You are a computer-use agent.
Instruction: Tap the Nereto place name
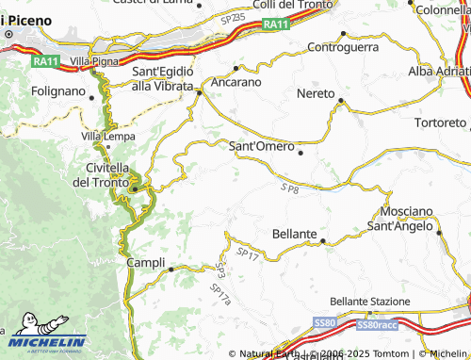pos(316,94)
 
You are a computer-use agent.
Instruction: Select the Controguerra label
pos(343,46)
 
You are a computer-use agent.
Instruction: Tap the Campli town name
pos(145,262)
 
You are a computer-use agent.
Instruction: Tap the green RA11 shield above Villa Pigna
pos(44,61)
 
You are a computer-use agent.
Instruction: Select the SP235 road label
pos(232,17)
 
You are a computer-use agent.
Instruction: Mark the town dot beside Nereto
pos(341,100)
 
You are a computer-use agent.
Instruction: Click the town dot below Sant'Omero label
pos(300,153)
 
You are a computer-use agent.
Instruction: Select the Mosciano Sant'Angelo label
pos(406,219)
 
